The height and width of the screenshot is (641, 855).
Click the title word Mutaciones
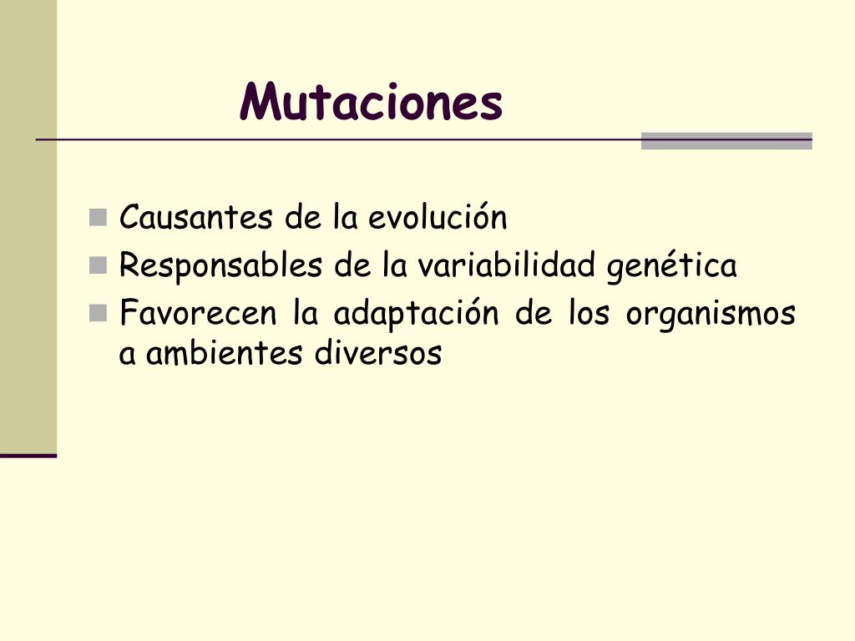[x=371, y=103]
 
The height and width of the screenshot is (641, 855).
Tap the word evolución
[x=438, y=218]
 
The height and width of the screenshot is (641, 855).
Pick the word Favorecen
[x=199, y=314]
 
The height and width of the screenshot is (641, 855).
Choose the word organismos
[x=711, y=315]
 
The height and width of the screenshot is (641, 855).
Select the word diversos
[x=377, y=354]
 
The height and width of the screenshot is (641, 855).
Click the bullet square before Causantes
[x=99, y=219]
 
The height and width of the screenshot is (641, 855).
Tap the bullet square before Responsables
[x=99, y=266]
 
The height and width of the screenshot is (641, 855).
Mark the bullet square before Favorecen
[x=99, y=314]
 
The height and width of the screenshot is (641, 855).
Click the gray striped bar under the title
[x=726, y=141]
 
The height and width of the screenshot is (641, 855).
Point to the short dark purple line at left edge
[x=28, y=456]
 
